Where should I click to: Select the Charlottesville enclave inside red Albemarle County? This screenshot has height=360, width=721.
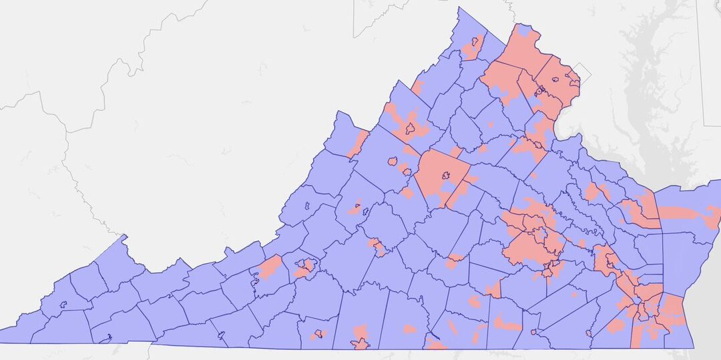pos(445,177)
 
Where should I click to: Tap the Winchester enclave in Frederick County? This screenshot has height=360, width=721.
pos(475,42)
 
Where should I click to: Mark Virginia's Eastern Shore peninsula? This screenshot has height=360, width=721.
pos(688,214)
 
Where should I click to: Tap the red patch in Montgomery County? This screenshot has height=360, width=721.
pos(270,267)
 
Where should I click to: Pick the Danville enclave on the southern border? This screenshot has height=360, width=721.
pos(360,343)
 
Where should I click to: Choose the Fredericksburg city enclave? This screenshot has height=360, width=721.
pos(538,144)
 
